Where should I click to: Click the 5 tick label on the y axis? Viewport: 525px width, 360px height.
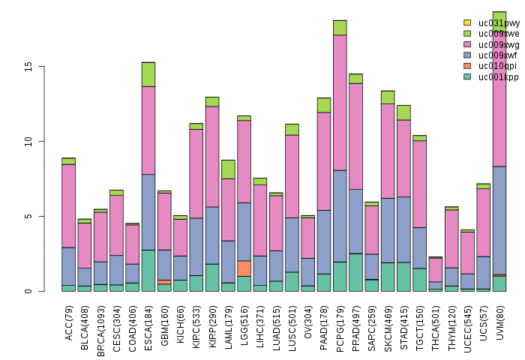coord(28,216)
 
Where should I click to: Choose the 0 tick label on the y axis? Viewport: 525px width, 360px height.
coord(28,291)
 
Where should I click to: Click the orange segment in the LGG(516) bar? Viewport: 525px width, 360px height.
coord(244,268)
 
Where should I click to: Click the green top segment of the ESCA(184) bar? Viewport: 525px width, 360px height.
coord(148,74)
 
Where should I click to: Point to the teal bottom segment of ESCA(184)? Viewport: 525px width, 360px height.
coord(148,271)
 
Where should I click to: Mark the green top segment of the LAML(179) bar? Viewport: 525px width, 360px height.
coord(228,169)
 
